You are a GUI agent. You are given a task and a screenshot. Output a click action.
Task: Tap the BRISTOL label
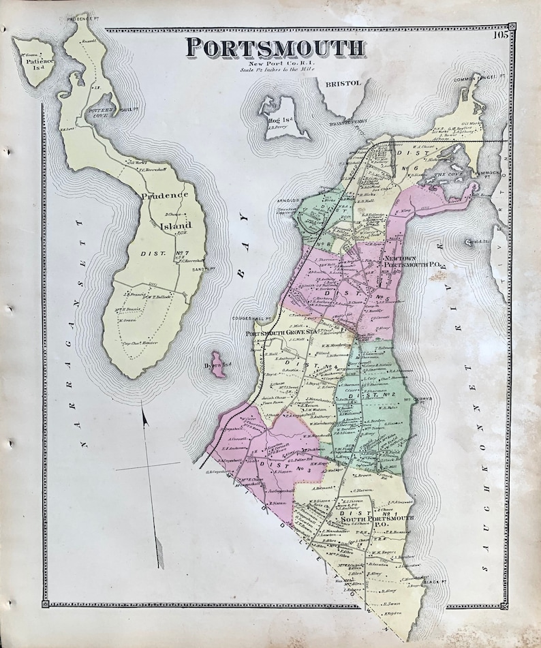(x=345, y=83)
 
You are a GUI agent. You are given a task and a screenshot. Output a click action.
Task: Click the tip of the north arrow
(x=143, y=403)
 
